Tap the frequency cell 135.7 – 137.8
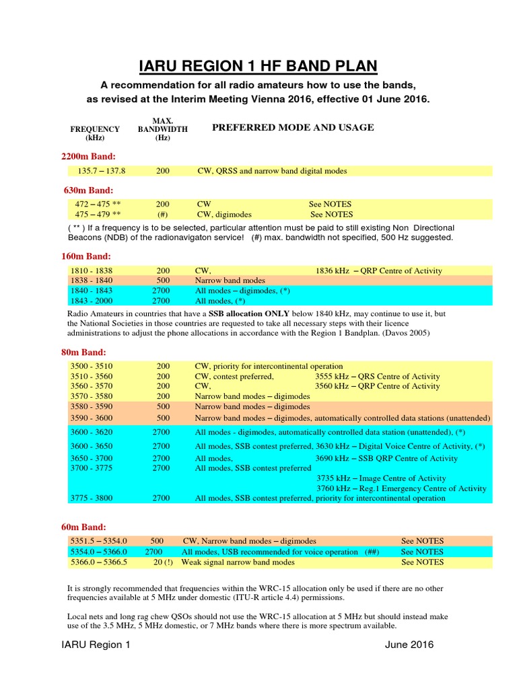click(x=102, y=171)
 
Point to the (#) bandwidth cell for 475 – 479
click(x=162, y=215)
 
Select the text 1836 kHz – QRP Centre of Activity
click(x=378, y=270)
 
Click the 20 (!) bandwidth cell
click(x=162, y=562)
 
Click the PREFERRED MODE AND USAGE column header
click(x=293, y=127)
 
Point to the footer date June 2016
click(x=409, y=645)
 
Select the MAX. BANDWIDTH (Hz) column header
click(x=162, y=129)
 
